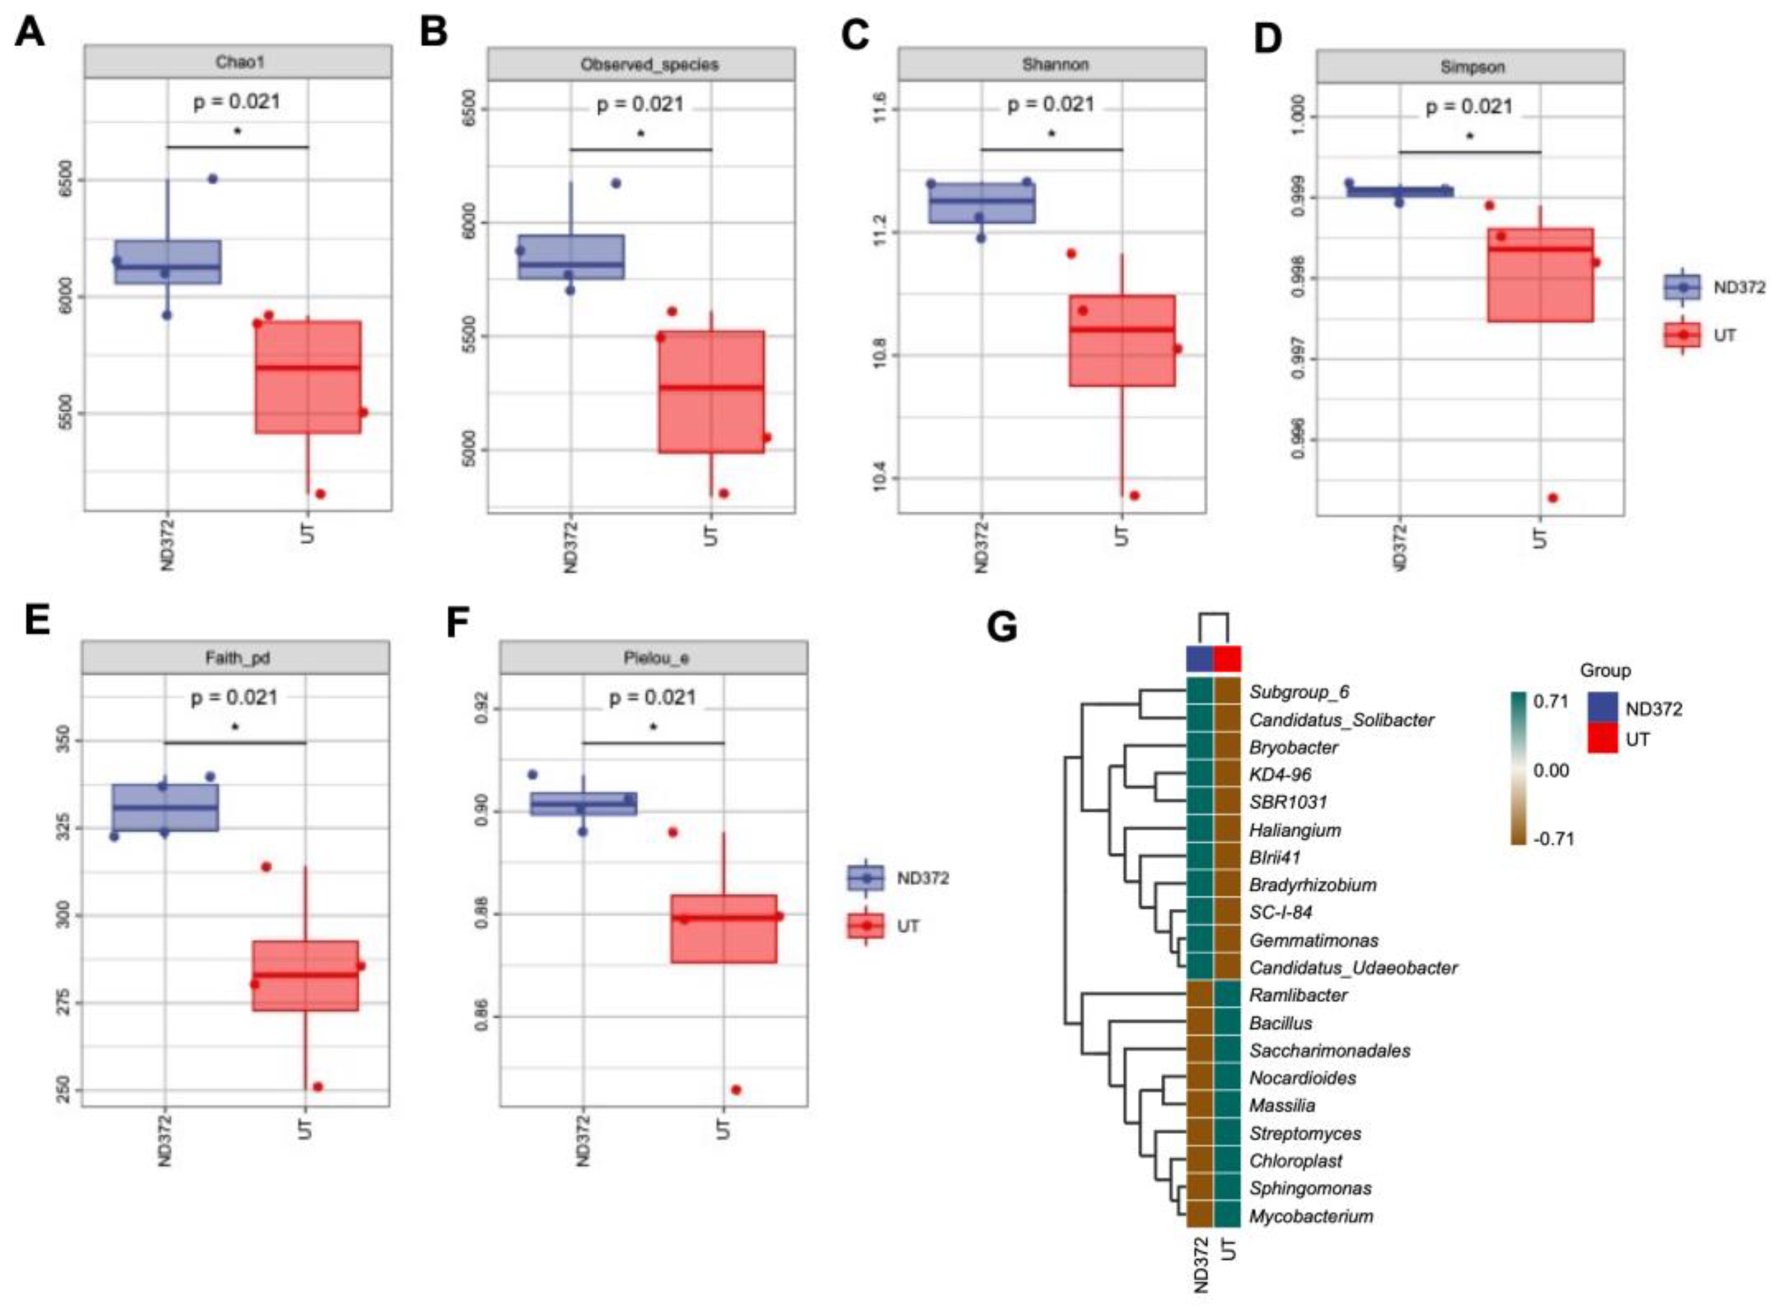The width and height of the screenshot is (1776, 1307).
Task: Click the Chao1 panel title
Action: point(238,61)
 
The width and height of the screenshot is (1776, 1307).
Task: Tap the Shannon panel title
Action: point(1055,64)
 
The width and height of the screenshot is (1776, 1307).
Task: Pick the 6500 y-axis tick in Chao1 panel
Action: point(66,181)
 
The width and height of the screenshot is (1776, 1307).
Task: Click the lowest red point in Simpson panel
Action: point(1552,498)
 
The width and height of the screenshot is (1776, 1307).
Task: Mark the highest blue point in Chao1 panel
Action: point(212,179)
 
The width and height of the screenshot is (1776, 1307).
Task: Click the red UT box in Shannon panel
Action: point(1122,340)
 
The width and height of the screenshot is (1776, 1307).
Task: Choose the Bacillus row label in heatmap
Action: point(1280,1023)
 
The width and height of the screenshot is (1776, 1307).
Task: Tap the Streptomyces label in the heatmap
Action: point(1305,1133)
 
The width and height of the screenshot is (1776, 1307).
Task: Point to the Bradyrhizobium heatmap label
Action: point(1312,885)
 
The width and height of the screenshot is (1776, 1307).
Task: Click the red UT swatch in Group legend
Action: point(1602,739)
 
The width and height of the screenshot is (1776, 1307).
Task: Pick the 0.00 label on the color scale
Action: point(1551,770)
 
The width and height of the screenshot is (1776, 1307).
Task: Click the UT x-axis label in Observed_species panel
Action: point(711,536)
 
